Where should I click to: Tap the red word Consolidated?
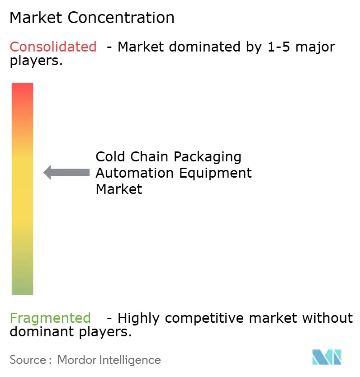[53, 47]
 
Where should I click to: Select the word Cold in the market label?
[111, 157]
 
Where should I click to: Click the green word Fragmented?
[50, 318]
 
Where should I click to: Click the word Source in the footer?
[27, 360]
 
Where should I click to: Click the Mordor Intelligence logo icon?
[327, 357]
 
